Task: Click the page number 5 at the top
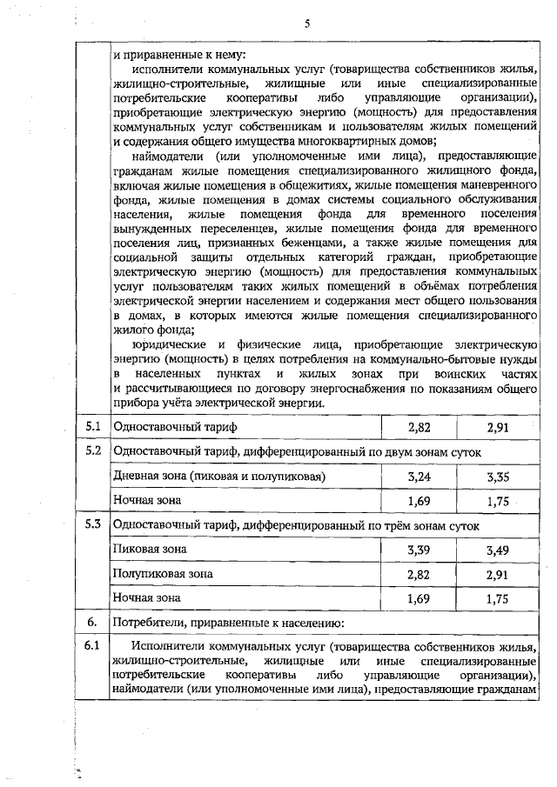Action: [307, 23]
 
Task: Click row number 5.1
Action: [93, 427]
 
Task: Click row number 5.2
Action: [93, 452]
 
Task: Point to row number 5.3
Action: [93, 525]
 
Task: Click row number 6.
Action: [91, 623]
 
